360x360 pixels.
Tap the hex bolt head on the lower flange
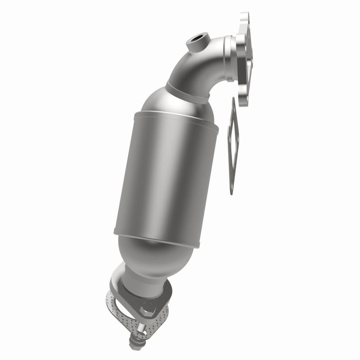pos(147,310)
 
